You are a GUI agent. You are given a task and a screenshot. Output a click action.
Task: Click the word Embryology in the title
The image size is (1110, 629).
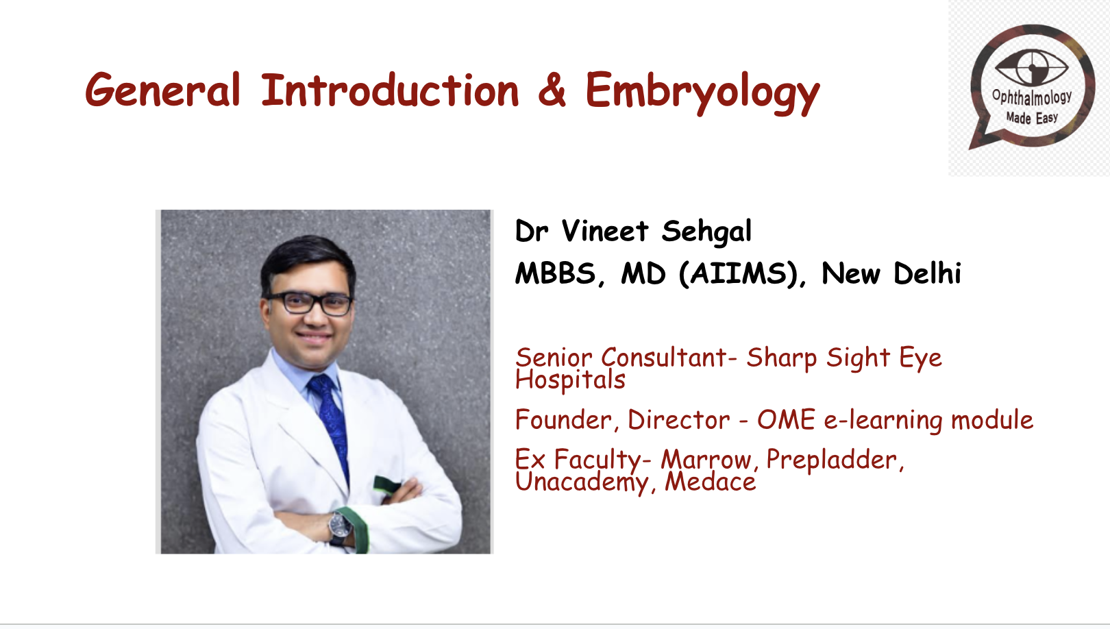point(702,91)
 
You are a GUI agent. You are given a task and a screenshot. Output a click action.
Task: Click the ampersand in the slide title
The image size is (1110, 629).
point(552,90)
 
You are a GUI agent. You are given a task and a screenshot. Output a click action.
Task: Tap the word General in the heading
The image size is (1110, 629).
point(162,90)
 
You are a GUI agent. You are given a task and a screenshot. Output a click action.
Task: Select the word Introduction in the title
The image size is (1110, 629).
point(390,90)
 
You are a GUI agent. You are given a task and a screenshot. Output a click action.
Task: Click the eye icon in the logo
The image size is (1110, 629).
point(1031,67)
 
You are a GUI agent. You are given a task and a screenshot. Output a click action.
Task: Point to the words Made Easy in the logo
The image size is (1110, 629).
point(1032,118)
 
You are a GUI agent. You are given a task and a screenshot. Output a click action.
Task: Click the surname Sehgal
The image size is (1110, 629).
point(706,232)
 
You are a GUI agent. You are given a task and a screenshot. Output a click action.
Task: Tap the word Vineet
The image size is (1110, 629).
point(604,232)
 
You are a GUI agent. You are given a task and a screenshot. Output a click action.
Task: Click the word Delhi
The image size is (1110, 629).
point(927,274)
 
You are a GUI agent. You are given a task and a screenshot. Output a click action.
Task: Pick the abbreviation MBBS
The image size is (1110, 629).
point(556,274)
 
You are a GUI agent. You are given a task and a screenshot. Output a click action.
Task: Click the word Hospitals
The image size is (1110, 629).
point(570,380)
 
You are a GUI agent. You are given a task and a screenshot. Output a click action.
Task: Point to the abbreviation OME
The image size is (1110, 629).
point(786,420)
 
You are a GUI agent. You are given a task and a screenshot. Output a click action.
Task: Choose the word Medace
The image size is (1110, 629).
point(710,482)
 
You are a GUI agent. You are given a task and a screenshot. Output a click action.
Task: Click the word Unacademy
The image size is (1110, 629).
point(581,482)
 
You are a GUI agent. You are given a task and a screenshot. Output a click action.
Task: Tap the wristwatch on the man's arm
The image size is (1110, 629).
point(339,526)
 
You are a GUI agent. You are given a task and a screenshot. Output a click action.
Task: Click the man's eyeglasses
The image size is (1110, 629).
point(310,303)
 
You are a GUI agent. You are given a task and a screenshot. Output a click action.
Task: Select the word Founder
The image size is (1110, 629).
point(563,420)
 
